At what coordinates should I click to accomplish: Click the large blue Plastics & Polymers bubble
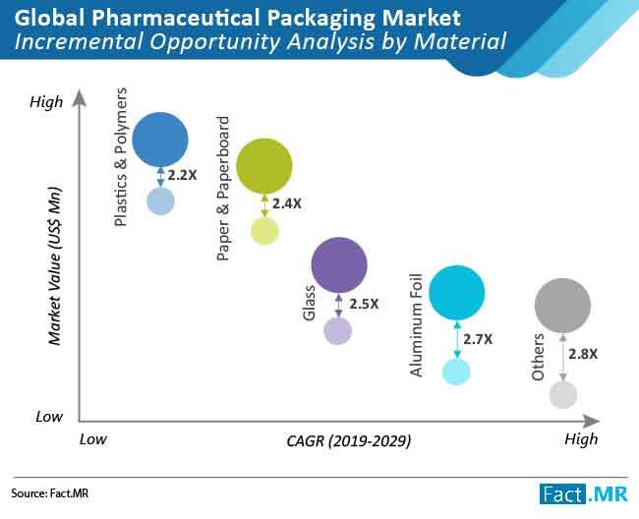coord(160,140)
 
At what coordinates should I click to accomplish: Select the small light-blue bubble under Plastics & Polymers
coord(160,201)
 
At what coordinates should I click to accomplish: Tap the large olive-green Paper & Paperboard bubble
coord(264,166)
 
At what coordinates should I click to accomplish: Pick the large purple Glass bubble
coord(338,263)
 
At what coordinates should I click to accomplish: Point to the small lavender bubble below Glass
coord(338,330)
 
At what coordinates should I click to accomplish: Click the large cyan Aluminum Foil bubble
coord(457,292)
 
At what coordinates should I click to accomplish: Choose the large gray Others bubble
coord(562,306)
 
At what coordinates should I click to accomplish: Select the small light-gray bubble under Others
coord(562,394)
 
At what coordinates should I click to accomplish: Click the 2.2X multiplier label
coord(183,175)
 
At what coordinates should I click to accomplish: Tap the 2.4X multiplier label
coord(287,204)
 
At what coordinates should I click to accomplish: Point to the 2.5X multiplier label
coord(363,304)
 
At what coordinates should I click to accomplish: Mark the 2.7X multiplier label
coord(478,339)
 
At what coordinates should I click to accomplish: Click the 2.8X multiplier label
coord(585,352)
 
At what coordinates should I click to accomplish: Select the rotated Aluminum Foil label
coord(417,323)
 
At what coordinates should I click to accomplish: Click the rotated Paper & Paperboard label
coord(223,189)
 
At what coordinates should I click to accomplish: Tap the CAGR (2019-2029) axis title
coord(349,441)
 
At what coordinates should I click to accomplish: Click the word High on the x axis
coord(580,439)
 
